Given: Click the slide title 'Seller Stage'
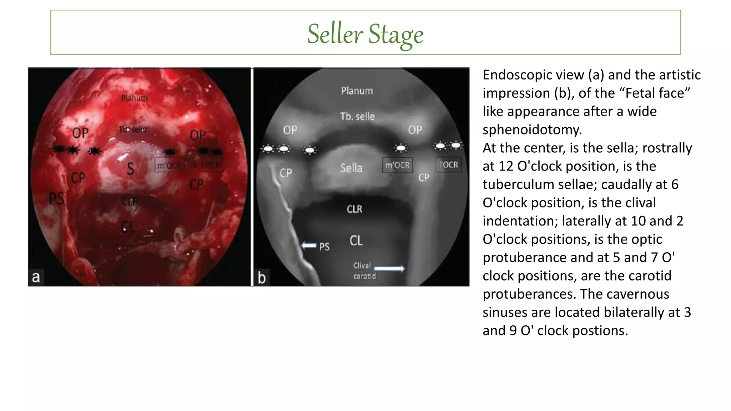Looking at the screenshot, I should pyautogui.click(x=365, y=34).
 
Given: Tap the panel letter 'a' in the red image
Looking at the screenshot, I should pyautogui.click(x=36, y=277).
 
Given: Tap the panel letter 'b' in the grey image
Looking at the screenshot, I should pyautogui.click(x=262, y=278).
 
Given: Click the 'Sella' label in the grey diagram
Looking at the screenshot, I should pyautogui.click(x=351, y=168).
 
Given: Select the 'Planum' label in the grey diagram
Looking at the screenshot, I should pyautogui.click(x=357, y=91).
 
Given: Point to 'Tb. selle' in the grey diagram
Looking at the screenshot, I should pyautogui.click(x=357, y=116).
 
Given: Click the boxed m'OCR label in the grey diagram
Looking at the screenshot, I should pyautogui.click(x=397, y=165).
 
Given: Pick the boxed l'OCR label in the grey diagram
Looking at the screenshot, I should pyautogui.click(x=448, y=165).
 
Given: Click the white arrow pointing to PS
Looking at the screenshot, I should pyautogui.click(x=309, y=245).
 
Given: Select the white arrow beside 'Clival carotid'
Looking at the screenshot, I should pyautogui.click(x=389, y=268).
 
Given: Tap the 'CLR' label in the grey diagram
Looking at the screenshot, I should pyautogui.click(x=354, y=209).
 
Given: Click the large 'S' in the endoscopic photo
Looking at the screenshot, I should pyautogui.click(x=131, y=169).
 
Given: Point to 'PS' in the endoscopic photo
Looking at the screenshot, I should pyautogui.click(x=56, y=199).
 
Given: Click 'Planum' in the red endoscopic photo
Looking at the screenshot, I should pyautogui.click(x=134, y=98).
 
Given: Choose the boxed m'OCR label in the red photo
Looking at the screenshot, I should pyautogui.click(x=169, y=166).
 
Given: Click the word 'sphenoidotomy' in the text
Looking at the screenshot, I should pyautogui.click(x=532, y=130).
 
